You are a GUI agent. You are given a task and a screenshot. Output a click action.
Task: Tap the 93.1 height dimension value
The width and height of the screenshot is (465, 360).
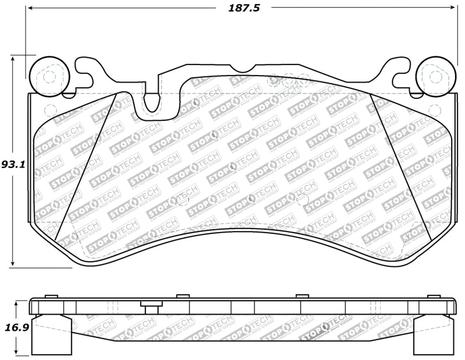[12, 165]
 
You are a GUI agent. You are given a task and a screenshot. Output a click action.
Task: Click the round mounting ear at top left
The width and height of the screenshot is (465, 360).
[49, 76]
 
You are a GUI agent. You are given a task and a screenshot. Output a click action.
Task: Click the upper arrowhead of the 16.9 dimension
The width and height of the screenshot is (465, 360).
[17, 303]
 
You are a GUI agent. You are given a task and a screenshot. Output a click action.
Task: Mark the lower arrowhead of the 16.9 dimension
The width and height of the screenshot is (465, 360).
[17, 351]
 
